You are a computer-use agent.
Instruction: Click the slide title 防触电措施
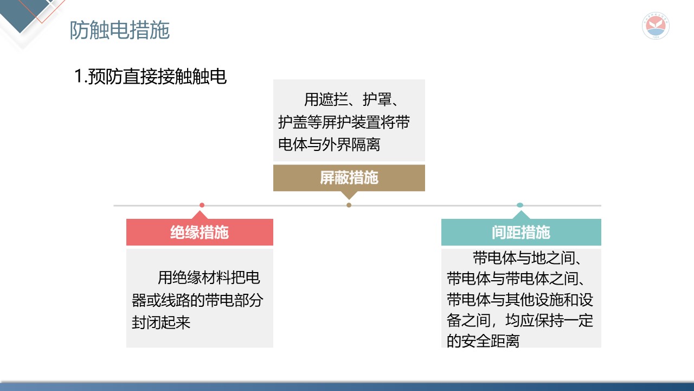[119, 30]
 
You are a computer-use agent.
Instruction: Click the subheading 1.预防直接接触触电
[150, 77]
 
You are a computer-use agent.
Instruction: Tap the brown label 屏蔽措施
[349, 178]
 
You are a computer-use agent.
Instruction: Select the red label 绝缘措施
[200, 232]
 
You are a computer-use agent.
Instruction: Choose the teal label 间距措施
[520, 232]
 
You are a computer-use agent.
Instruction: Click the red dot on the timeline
[202, 205]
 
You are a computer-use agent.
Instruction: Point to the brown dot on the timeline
[349, 205]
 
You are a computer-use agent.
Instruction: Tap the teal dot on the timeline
[520, 205]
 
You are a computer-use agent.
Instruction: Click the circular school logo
[656, 26]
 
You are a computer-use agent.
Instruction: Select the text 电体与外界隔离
[329, 145]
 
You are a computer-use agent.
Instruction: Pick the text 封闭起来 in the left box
[161, 322]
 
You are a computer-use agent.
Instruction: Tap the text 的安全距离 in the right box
[483, 341]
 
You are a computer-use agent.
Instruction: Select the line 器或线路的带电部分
[197, 300]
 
